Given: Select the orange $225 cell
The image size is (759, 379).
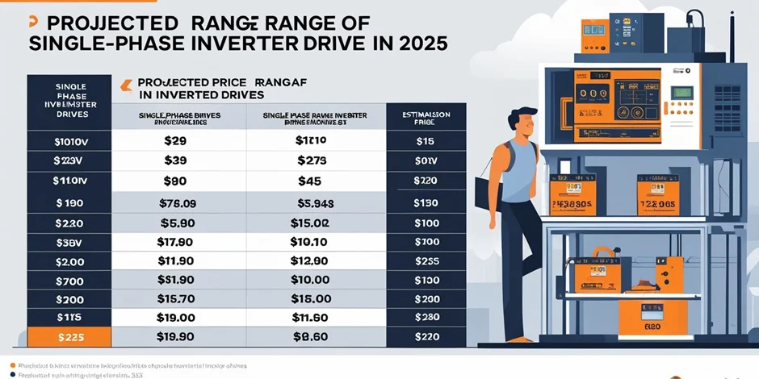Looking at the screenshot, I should click(70, 337).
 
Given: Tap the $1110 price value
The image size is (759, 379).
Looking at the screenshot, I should click(311, 140).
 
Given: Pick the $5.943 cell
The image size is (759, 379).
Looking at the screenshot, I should click(311, 203).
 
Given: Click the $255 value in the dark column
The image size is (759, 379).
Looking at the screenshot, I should click(426, 260).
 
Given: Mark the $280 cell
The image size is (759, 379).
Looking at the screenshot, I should click(426, 317).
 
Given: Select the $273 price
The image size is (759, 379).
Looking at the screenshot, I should click(311, 160).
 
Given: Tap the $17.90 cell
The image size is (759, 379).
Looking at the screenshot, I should click(175, 241).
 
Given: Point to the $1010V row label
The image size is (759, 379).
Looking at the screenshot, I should click(70, 141).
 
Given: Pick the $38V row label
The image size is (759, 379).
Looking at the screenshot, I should click(70, 242).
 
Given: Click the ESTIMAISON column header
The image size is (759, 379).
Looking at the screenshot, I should click(426, 115).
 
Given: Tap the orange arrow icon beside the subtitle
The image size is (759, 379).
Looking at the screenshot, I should click(124, 83).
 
